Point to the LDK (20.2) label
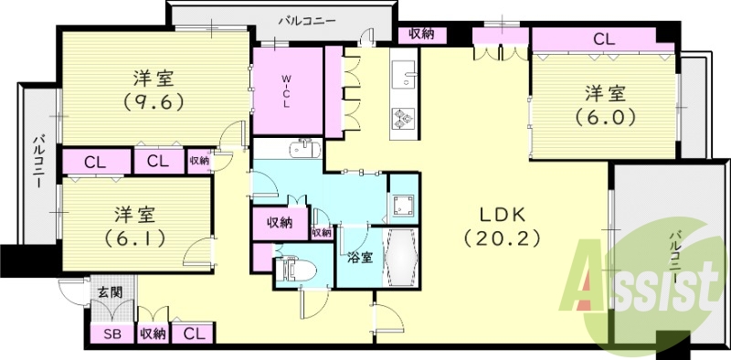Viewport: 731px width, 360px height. (x=502, y=226)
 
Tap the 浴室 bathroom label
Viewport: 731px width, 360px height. (x=359, y=257)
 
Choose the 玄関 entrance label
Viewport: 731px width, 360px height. (x=108, y=292)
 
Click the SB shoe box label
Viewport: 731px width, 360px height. (x=112, y=334)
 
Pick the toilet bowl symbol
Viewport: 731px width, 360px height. (x=294, y=270)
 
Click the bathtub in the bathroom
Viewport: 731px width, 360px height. (x=403, y=258)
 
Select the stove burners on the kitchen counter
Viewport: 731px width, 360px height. (x=403, y=117)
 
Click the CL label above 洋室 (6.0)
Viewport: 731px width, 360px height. (x=603, y=38)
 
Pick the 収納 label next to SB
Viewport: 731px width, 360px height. (x=152, y=334)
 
